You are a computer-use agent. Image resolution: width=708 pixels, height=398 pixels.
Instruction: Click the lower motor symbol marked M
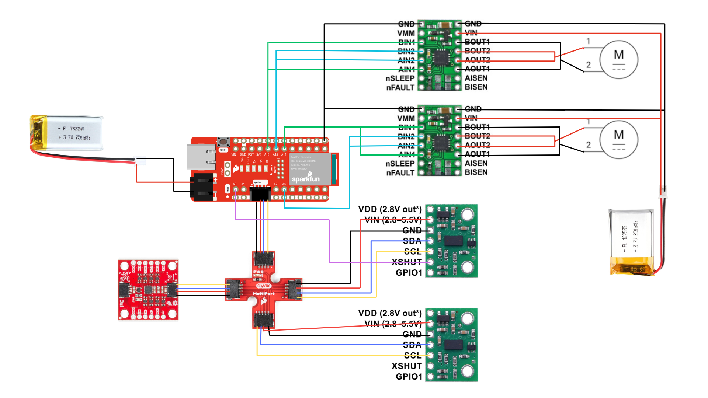pos(618,140)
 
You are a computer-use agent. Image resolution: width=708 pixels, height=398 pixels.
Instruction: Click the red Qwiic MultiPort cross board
pos(264,289)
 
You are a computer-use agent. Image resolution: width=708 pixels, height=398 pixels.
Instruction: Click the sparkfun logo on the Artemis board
pos(306,179)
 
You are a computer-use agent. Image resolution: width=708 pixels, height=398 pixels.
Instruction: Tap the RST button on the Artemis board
pos(223,142)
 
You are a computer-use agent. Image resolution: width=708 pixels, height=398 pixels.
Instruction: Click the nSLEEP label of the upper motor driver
pos(400,78)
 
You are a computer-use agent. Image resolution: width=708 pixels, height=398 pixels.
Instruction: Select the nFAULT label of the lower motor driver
pos(400,173)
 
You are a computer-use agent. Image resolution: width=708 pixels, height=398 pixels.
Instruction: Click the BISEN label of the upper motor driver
pos(476,87)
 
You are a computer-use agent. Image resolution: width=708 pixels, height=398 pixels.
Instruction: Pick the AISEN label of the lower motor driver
pos(476,163)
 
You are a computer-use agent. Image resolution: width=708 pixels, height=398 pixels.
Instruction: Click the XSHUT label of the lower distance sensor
pos(406,366)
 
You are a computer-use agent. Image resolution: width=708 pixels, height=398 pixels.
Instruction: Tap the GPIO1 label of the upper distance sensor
pos(409,273)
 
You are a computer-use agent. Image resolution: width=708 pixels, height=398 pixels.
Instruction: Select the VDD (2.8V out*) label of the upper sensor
pos(390,209)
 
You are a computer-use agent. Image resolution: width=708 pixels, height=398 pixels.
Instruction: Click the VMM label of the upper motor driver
pos(406,33)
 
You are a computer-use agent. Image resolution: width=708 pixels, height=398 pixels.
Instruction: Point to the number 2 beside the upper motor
pos(589,65)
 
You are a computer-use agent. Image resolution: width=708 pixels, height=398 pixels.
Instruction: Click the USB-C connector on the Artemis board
pos(201,157)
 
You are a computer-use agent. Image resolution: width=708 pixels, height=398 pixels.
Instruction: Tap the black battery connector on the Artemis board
pos(202,187)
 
